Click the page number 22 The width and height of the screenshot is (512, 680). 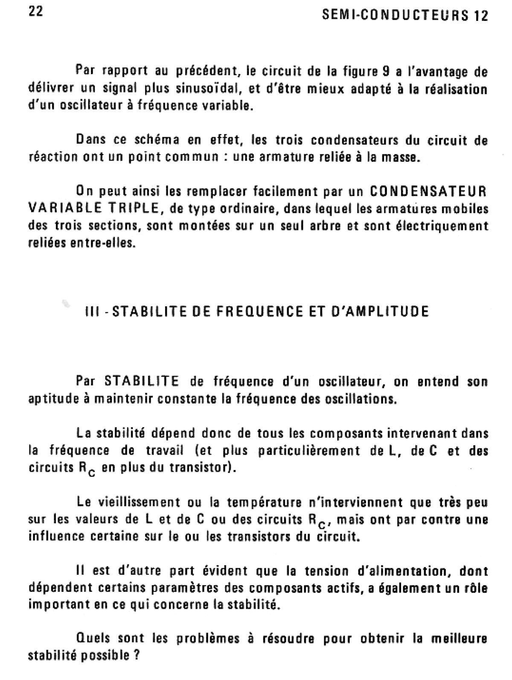tap(36, 12)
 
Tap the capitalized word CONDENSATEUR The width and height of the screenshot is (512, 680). tap(428, 191)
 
